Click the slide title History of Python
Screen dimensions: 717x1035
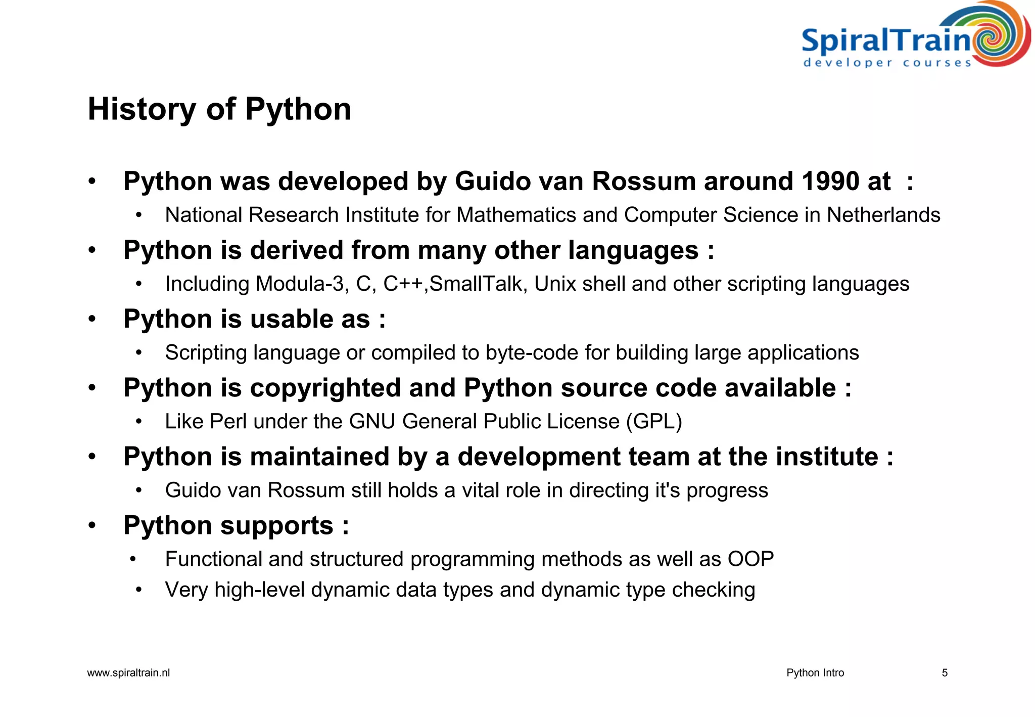(x=219, y=109)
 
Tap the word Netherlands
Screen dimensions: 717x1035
(x=883, y=215)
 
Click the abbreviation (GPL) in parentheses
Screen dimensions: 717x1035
(x=654, y=421)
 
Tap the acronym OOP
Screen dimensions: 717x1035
(x=750, y=559)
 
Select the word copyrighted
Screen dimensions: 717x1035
(x=325, y=388)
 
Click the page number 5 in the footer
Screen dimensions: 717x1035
(x=945, y=673)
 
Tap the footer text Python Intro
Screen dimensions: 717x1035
(x=815, y=673)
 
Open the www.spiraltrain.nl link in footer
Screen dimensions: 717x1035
(x=128, y=673)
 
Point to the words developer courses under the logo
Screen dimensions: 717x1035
(x=887, y=63)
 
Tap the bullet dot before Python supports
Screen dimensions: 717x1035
(x=91, y=525)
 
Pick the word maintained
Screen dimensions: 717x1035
(x=319, y=457)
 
